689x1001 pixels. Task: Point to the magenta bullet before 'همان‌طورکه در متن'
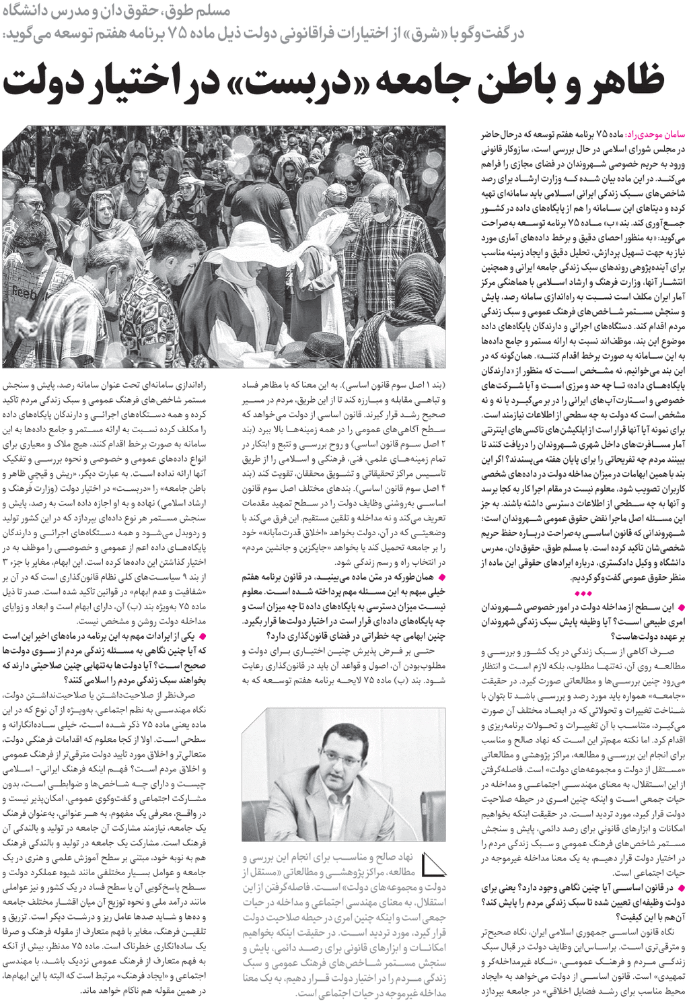coord(441,578)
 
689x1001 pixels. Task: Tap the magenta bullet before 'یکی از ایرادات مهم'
coord(203,636)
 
